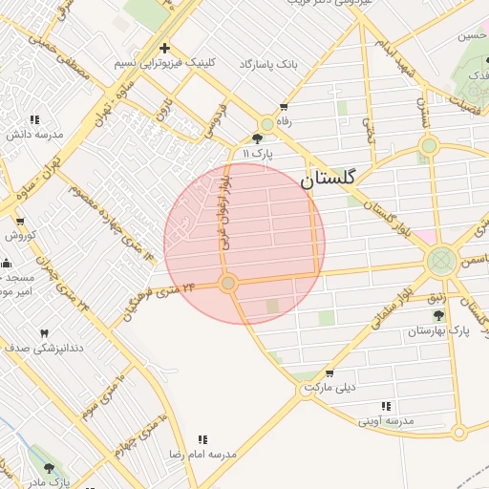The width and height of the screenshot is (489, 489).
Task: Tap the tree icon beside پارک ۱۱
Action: (x=257, y=138)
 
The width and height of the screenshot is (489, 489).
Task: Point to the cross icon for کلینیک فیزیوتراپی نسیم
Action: (x=164, y=48)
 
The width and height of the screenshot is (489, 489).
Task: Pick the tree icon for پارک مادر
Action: (x=50, y=468)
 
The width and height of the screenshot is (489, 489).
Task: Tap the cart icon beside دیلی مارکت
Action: (x=330, y=373)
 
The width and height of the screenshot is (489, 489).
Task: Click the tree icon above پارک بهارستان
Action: (x=438, y=315)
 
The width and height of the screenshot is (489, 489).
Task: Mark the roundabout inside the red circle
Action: (x=227, y=284)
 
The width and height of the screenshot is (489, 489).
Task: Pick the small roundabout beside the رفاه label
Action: (x=266, y=124)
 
